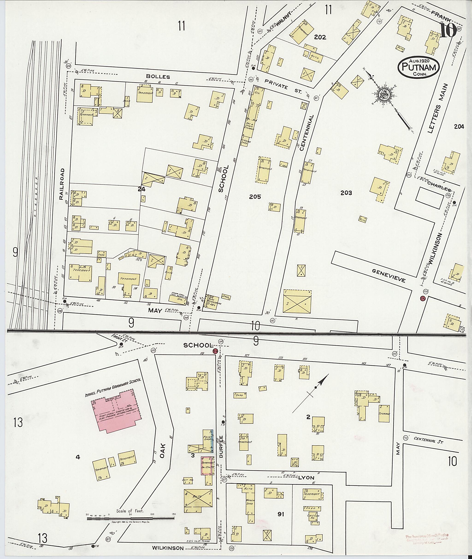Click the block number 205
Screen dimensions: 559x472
click(255, 197)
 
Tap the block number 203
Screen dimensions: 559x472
click(346, 193)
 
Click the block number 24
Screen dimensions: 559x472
click(141, 189)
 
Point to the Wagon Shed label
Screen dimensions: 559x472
click(249, 501)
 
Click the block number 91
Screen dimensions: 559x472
click(280, 514)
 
